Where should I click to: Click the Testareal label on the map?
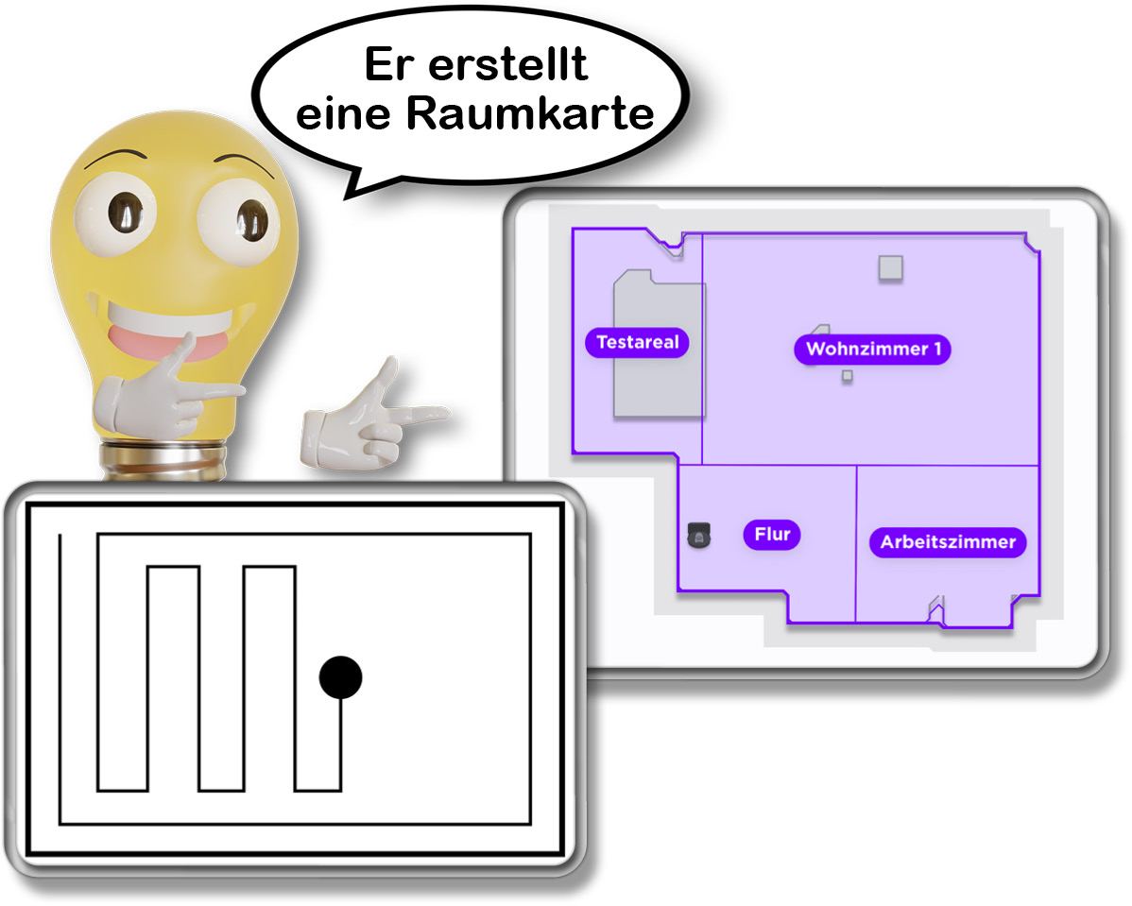pyautogui.click(x=638, y=342)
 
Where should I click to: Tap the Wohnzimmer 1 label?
pyautogui.click(x=873, y=349)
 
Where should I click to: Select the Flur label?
pyautogui.click(x=772, y=534)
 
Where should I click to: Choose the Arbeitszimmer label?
pyautogui.click(x=948, y=542)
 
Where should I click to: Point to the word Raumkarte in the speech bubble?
pyautogui.click(x=531, y=114)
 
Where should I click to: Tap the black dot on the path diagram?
pyautogui.click(x=340, y=676)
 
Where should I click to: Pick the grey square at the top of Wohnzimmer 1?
pyautogui.click(x=890, y=267)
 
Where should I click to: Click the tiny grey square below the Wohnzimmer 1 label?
pyautogui.click(x=847, y=376)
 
